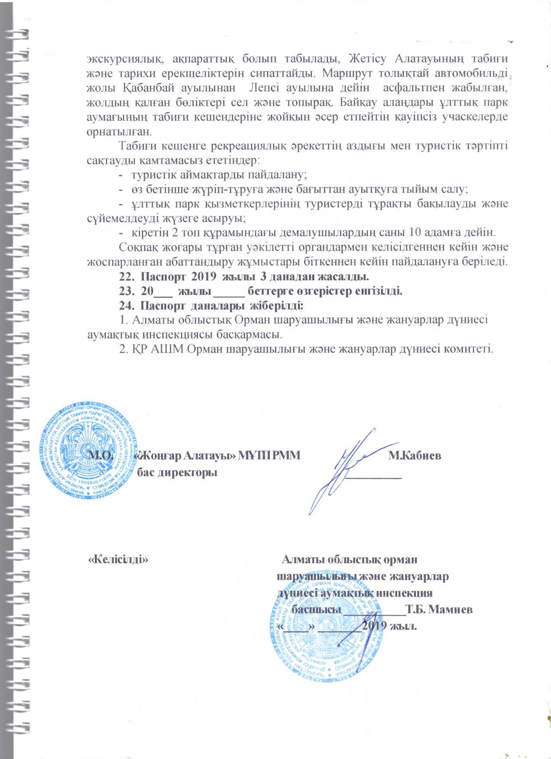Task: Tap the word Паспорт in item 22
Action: tap(164, 276)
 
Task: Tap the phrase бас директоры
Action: tap(177, 472)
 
